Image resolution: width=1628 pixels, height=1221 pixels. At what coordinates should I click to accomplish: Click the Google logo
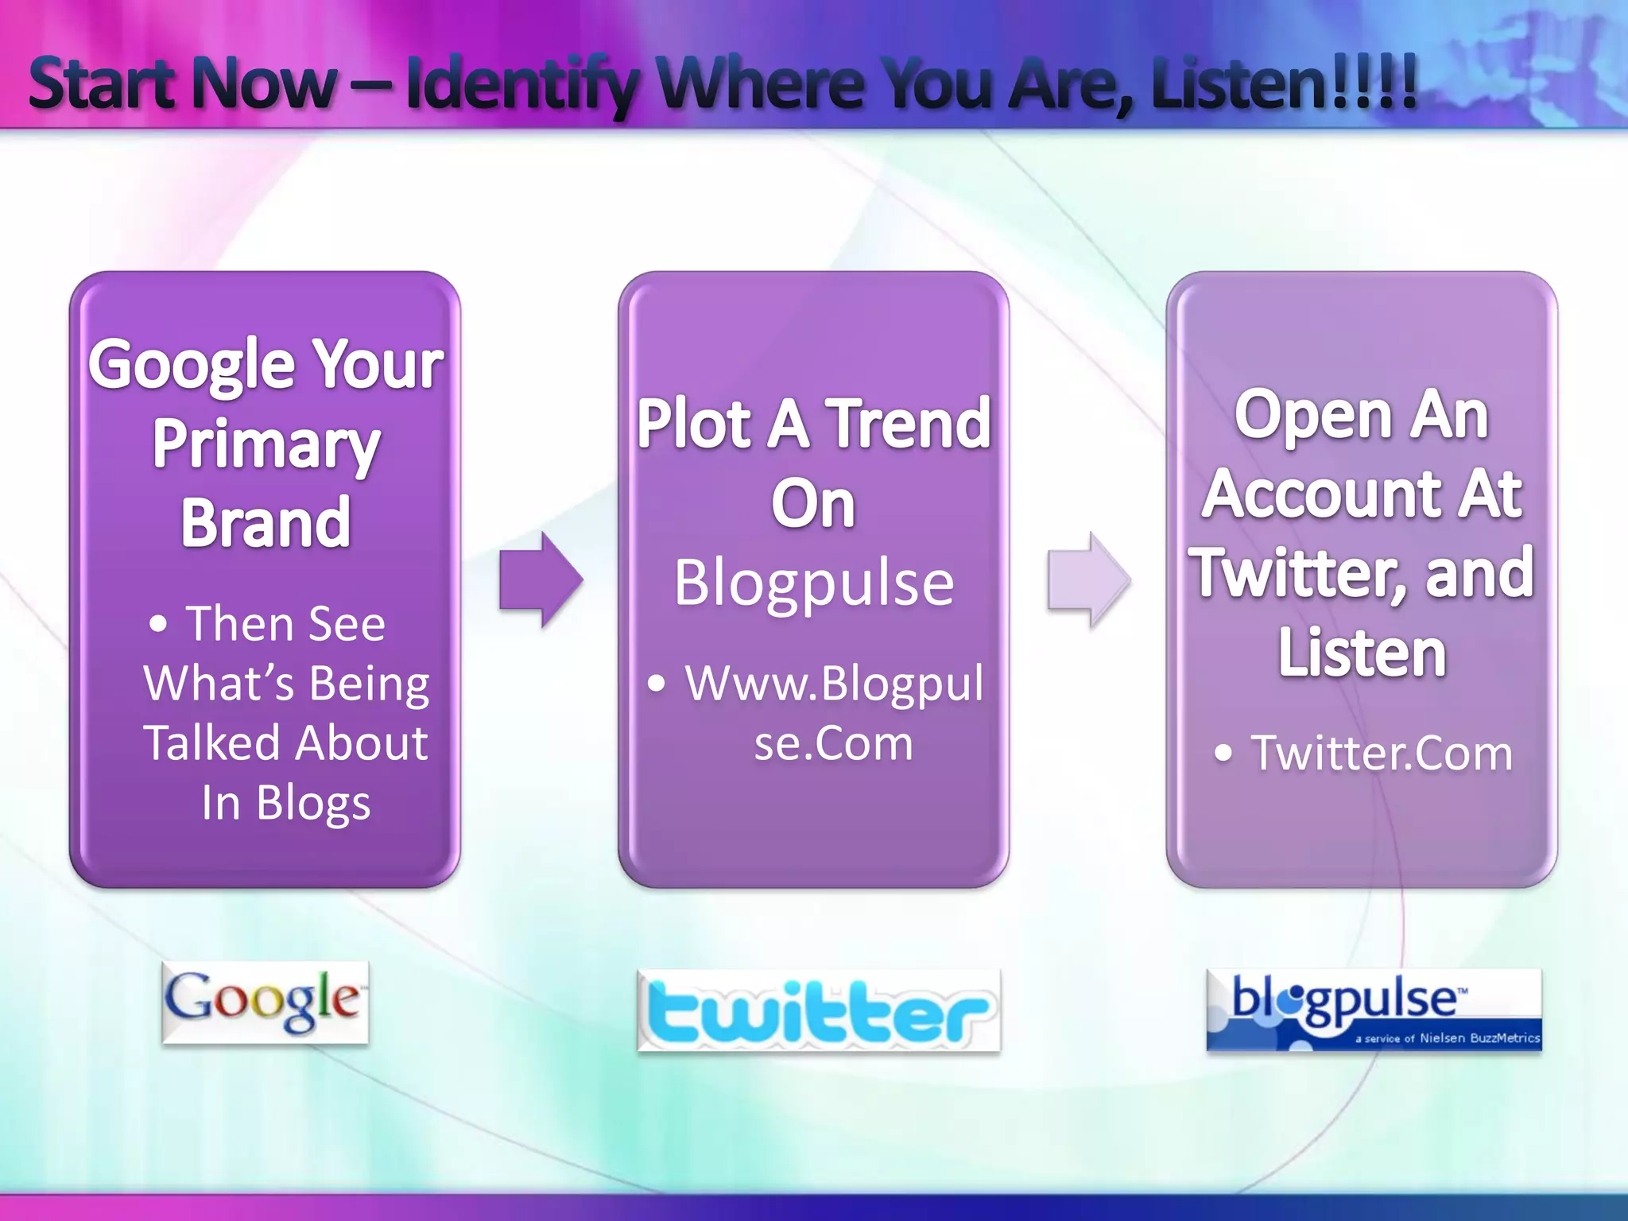265,1002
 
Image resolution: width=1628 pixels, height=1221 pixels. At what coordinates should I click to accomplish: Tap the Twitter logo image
819,1010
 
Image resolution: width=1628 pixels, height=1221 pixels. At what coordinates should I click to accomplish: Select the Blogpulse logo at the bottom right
1374,1010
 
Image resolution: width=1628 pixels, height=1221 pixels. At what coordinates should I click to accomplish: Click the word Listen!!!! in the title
1284,83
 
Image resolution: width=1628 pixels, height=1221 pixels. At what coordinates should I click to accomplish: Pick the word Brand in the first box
266,523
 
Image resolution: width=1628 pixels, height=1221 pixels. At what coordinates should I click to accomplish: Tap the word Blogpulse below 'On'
814,583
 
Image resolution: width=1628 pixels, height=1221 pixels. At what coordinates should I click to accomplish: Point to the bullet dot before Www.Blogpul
656,683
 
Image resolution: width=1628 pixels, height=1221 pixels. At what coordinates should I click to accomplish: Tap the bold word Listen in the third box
1362,653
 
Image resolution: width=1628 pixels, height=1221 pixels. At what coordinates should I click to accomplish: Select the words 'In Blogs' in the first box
285,803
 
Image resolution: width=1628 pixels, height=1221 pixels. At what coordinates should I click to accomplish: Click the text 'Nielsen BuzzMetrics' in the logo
1479,1037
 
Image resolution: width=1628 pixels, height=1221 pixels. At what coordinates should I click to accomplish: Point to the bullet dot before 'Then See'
158,624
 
